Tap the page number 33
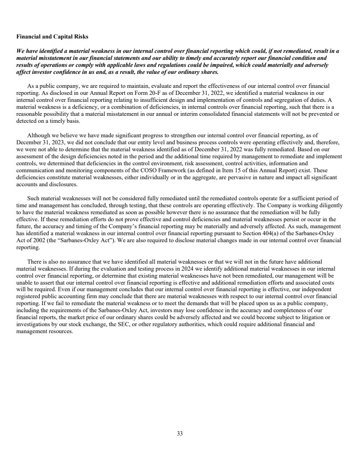point(180,433)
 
